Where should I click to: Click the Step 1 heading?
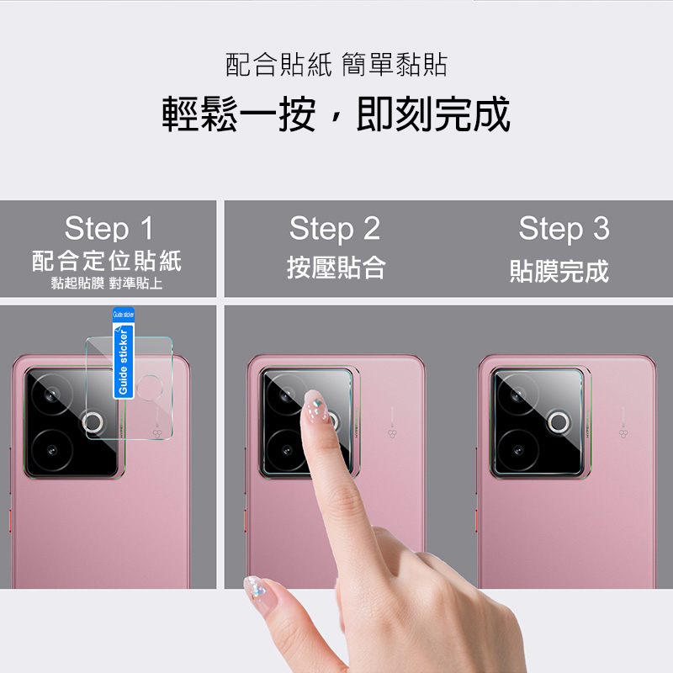point(109,228)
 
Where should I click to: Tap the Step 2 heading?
point(335,229)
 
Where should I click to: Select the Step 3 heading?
point(564,229)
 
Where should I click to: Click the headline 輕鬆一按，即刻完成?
point(336,114)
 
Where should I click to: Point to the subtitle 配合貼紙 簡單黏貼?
point(336,65)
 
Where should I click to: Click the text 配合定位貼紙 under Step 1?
point(107,261)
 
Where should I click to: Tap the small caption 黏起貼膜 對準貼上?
point(107,284)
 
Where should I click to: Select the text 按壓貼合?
point(336,268)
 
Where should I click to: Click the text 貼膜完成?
point(559,271)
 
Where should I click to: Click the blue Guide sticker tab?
point(124,352)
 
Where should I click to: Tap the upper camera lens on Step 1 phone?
point(52,394)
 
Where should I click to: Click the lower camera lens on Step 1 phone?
point(52,450)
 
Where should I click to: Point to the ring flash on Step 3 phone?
point(559,422)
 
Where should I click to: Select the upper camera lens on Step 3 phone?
point(518,394)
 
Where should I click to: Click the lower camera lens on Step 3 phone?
point(518,450)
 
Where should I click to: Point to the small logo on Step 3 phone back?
point(623,433)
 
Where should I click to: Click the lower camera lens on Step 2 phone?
point(287,450)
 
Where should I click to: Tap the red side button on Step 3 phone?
point(477,521)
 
